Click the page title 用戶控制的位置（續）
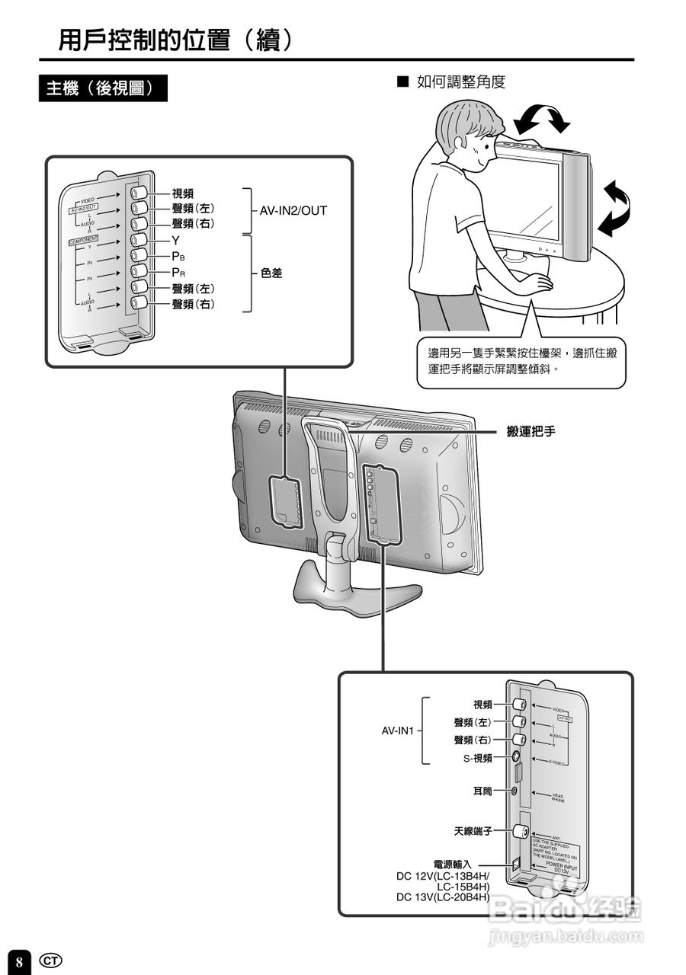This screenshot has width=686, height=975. click(x=176, y=40)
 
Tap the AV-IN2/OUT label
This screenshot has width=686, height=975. click(x=293, y=210)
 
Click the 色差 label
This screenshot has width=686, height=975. click(x=271, y=272)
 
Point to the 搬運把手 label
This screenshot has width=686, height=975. click(x=531, y=431)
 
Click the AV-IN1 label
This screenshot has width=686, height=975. click(x=397, y=730)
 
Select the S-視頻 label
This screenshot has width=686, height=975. click(x=478, y=758)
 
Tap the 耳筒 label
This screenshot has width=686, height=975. click(x=483, y=791)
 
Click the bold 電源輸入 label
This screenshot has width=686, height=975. click(x=453, y=865)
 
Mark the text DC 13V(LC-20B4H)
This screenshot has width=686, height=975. click(x=443, y=897)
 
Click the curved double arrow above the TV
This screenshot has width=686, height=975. click(x=541, y=119)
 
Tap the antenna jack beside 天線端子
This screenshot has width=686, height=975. click(x=519, y=832)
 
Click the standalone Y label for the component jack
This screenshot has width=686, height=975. click(x=175, y=240)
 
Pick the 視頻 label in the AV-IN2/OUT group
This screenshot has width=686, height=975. click(x=182, y=193)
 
